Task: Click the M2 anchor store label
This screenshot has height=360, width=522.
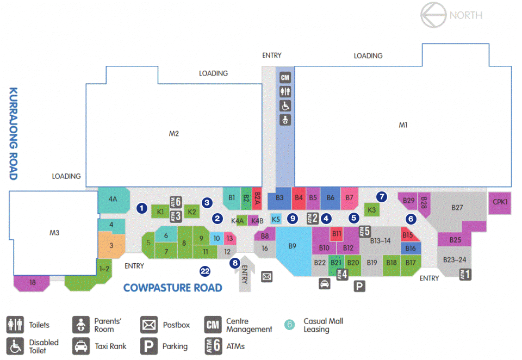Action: tap(174, 134)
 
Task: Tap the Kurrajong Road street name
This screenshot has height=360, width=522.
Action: tap(13, 134)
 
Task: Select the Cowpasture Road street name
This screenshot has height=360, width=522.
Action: tap(172, 288)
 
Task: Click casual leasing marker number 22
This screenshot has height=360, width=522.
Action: tap(205, 271)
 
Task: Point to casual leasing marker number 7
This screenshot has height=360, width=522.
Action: tap(382, 197)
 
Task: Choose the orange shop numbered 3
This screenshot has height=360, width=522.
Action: tap(111, 245)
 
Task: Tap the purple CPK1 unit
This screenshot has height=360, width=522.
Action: tap(500, 202)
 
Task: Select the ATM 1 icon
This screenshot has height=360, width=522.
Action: tap(465, 275)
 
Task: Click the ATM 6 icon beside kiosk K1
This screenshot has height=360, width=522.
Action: tap(176, 202)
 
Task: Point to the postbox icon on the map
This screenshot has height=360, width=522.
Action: tap(266, 277)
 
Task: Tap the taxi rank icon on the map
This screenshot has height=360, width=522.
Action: tap(325, 284)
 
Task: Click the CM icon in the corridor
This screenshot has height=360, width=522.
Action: tap(285, 78)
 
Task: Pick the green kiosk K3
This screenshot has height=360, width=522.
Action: tap(371, 210)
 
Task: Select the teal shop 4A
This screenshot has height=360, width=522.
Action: tap(114, 200)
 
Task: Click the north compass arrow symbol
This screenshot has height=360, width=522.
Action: tap(433, 15)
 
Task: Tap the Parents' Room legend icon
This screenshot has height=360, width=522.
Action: tap(81, 325)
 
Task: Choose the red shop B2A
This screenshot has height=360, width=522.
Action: tap(257, 198)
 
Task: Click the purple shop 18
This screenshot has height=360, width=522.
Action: tap(32, 283)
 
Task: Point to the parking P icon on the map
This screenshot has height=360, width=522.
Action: tap(359, 286)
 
